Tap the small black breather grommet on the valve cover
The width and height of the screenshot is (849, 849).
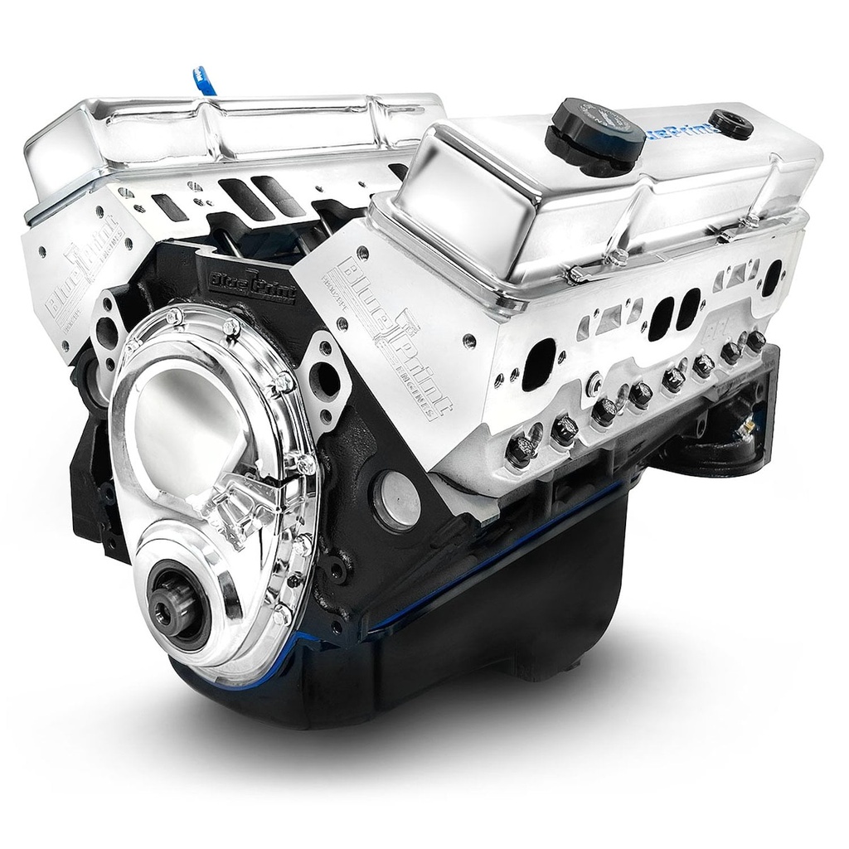click(x=730, y=124)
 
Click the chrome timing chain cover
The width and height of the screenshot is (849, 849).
click(x=207, y=464)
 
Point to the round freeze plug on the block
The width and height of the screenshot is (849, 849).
click(x=397, y=499)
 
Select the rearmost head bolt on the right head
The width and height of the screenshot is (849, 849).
click(x=755, y=339)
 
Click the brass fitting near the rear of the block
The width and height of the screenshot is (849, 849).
click(x=747, y=426)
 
